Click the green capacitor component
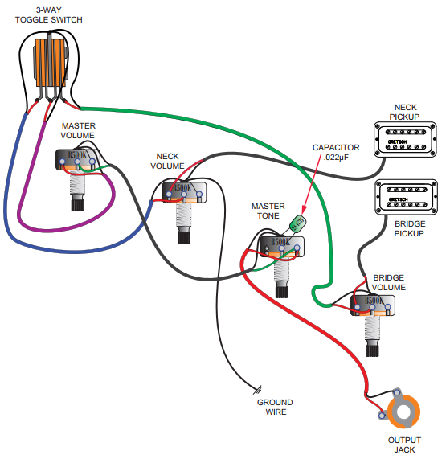click(x=298, y=223)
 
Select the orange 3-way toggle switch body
click(x=51, y=63)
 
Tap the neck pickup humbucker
click(x=405, y=140)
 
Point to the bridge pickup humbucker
click(x=406, y=197)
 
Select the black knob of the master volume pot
click(x=78, y=205)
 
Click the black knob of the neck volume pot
click(x=184, y=238)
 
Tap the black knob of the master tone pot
click(x=282, y=292)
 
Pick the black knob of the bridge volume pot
click(x=373, y=350)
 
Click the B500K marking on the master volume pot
click(x=78, y=155)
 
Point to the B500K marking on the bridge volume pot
click(x=374, y=301)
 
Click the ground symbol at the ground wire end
click(x=257, y=390)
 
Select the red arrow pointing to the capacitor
click(x=311, y=183)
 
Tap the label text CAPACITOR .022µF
click(x=336, y=152)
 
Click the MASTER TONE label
click(x=268, y=211)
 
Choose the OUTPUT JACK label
click(x=404, y=445)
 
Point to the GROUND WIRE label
click(x=275, y=407)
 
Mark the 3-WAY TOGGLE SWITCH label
click(x=49, y=15)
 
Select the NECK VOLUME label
click(x=167, y=161)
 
